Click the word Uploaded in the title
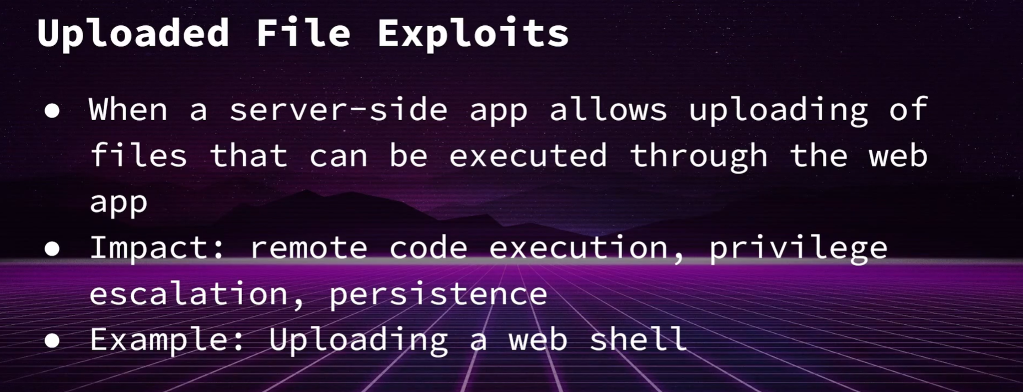[x=133, y=33]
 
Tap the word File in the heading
[x=303, y=33]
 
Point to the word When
[x=128, y=109]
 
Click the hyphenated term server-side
[x=338, y=109]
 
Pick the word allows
[x=608, y=109]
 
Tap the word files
[x=138, y=155]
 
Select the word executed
[x=528, y=155]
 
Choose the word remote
[x=308, y=248]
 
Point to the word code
[x=428, y=248]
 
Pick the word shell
[x=638, y=339]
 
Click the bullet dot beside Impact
[x=52, y=249]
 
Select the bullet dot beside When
[x=52, y=111]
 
